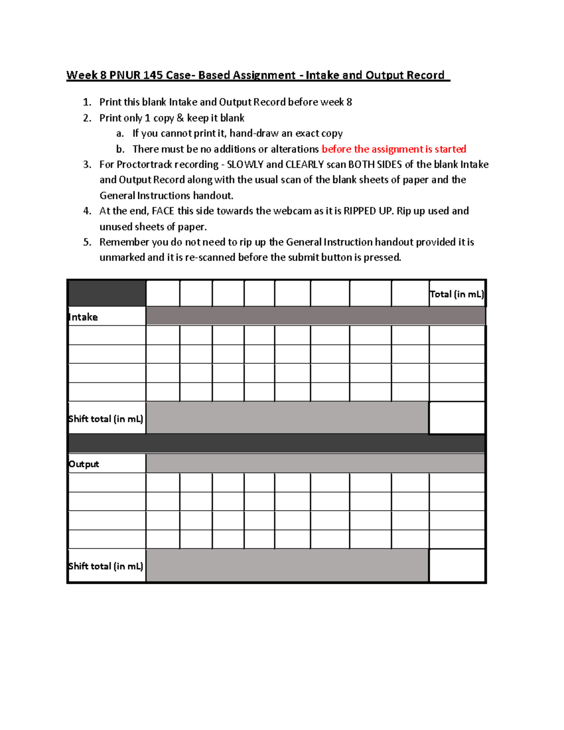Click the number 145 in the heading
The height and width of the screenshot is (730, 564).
(153, 75)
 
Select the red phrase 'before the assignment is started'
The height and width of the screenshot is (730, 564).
(394, 149)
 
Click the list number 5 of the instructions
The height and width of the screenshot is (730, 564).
(87, 242)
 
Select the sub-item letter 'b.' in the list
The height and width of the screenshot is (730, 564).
(120, 149)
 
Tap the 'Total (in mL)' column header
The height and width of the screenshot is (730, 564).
(457, 294)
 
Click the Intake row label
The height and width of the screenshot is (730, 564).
(83, 317)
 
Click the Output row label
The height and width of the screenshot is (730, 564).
(84, 464)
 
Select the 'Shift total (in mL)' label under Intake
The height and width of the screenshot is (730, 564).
(106, 419)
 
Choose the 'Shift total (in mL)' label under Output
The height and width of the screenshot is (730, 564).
(106, 566)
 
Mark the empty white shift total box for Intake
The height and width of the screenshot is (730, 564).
(457, 418)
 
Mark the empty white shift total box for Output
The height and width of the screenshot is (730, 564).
(457, 565)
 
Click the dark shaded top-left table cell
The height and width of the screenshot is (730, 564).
(107, 293)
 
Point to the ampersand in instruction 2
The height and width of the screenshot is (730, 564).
(180, 118)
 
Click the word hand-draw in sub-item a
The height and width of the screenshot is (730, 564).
(254, 133)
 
